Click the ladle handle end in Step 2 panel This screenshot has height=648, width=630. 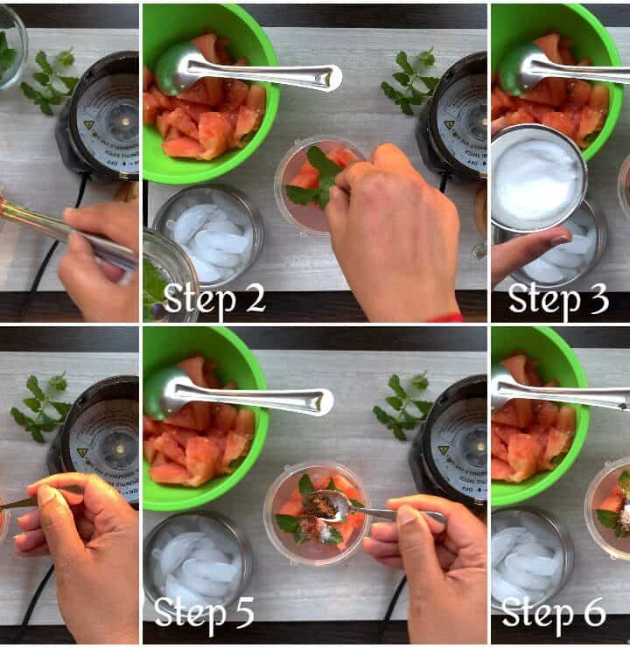tap(331, 78)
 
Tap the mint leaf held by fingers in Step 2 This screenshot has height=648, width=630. tap(316, 178)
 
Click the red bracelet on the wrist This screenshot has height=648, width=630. tap(446, 317)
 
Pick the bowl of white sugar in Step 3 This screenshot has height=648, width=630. tap(538, 177)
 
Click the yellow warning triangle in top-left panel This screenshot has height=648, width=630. tap(89, 124)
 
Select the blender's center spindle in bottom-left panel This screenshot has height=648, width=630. tap(120, 449)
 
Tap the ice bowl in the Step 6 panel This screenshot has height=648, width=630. tap(531, 562)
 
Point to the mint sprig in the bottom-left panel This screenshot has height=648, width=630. tap(41, 407)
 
